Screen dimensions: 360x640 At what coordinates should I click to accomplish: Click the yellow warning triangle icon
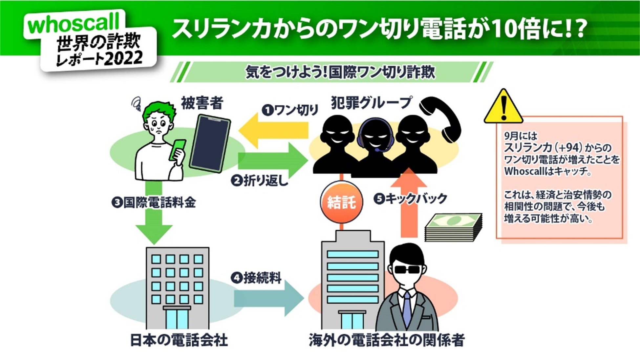pyautogui.click(x=503, y=107)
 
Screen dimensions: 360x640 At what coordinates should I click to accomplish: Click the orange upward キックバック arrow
pyautogui.click(x=409, y=203)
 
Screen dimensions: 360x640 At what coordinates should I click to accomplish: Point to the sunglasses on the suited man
pyautogui.click(x=407, y=270)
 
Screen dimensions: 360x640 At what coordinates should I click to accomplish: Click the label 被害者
pyautogui.click(x=202, y=103)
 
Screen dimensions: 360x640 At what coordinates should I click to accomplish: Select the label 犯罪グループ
pyautogui.click(x=371, y=103)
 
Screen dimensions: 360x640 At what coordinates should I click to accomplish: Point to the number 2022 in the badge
pyautogui.click(x=123, y=58)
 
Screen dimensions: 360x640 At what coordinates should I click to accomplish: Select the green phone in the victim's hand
pyautogui.click(x=177, y=150)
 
